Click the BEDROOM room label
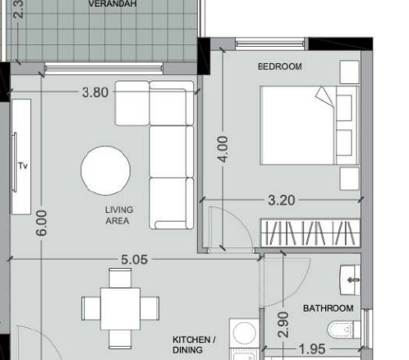pos(280,67)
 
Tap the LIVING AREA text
pos(119,215)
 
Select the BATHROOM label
pos(329,308)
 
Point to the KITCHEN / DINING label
pos(194,345)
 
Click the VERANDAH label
pos(113,4)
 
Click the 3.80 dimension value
pos(95,92)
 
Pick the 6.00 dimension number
pos(41,223)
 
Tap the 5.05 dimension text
pos(134,260)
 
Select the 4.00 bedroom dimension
pos(223,150)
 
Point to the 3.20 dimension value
pos(282,201)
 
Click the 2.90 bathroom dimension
pos(283,325)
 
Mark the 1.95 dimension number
pos(312,349)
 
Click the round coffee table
pos(105,171)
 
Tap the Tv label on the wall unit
pos(23,166)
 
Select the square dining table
pos(120,309)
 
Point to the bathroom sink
pos(350,280)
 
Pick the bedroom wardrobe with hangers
pos(310,233)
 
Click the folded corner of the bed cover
pos(324,96)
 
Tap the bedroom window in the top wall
pos(270,44)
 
